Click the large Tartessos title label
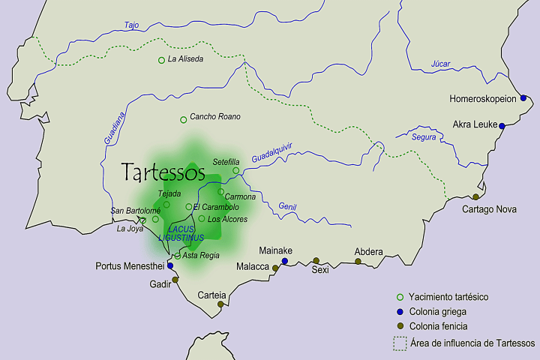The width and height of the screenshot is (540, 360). (164, 172)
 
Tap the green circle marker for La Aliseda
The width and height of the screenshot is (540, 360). (161, 60)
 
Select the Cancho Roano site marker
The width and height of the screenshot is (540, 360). (183, 119)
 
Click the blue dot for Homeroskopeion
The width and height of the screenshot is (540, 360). (523, 98)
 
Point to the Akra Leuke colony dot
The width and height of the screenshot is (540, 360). (502, 125)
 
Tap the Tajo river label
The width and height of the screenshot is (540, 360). (131, 25)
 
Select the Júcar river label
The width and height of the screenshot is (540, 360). (440, 64)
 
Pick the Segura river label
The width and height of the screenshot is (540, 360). (424, 137)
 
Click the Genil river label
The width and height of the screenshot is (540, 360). (287, 206)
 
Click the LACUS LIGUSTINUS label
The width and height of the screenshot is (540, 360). (181, 233)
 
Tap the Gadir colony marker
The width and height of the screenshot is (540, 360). (175, 280)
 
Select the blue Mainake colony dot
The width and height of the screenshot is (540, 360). (284, 261)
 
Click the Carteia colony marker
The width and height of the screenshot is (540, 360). (220, 304)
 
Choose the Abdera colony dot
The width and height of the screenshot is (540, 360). (358, 262)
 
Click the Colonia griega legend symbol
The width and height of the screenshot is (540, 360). (400, 312)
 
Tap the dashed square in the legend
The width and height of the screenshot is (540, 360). (400, 343)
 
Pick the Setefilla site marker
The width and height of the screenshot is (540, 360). (235, 171)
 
